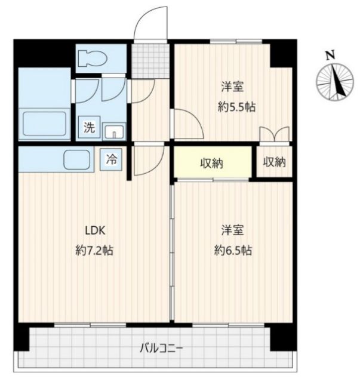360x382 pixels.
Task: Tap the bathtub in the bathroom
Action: click(x=44, y=124)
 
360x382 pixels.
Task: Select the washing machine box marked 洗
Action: click(x=89, y=127)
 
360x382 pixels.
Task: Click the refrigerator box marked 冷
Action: click(x=112, y=159)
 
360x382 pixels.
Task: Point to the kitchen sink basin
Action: click(x=77, y=160)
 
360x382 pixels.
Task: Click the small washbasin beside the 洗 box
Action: click(x=113, y=131)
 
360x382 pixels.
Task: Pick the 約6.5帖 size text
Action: click(x=233, y=251)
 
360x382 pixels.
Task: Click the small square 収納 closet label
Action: click(x=273, y=162)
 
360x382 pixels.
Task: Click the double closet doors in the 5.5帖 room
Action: click(x=275, y=134)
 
